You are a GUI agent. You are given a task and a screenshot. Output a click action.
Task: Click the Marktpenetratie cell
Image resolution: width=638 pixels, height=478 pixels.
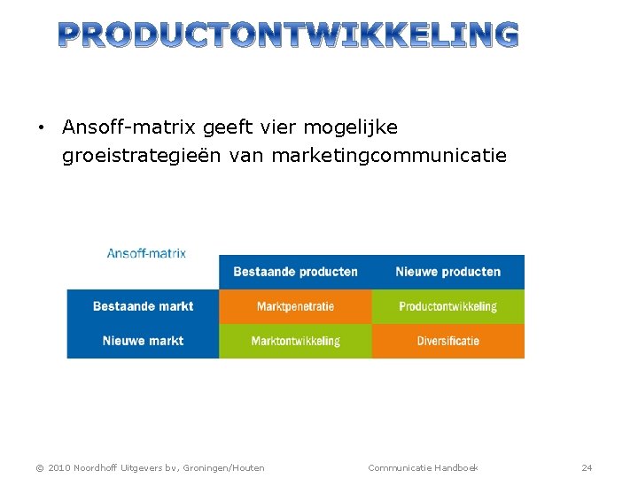[295, 306]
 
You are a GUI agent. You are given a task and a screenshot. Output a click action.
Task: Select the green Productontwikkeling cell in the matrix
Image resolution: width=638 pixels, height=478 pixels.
[447, 306]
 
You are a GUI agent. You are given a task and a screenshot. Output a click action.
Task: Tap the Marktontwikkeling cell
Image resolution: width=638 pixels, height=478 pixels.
[295, 341]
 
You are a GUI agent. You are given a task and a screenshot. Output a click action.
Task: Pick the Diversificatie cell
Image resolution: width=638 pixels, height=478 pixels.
[447, 341]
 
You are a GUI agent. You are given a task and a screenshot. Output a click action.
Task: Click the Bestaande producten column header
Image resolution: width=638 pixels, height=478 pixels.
[295, 272]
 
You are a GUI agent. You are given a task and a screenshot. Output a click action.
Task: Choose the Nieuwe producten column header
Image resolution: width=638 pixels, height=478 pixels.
[447, 272]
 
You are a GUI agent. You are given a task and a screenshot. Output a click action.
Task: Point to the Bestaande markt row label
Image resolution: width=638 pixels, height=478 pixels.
[143, 306]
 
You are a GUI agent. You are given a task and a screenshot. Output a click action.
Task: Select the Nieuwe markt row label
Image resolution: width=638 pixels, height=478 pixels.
[143, 341]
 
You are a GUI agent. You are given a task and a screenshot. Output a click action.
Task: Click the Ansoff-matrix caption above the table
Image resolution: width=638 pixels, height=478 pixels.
[146, 253]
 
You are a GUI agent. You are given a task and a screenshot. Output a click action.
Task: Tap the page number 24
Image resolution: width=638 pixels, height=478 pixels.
[587, 467]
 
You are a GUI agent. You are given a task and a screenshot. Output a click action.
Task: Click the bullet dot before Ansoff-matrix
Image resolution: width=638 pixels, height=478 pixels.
[41, 128]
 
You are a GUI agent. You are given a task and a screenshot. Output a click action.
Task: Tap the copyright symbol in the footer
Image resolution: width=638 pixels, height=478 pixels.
[38, 467]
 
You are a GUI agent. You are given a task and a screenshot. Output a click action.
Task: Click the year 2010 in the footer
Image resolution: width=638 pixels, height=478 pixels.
[58, 467]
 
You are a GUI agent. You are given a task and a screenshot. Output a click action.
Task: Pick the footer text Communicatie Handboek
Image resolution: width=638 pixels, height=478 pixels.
[423, 467]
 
